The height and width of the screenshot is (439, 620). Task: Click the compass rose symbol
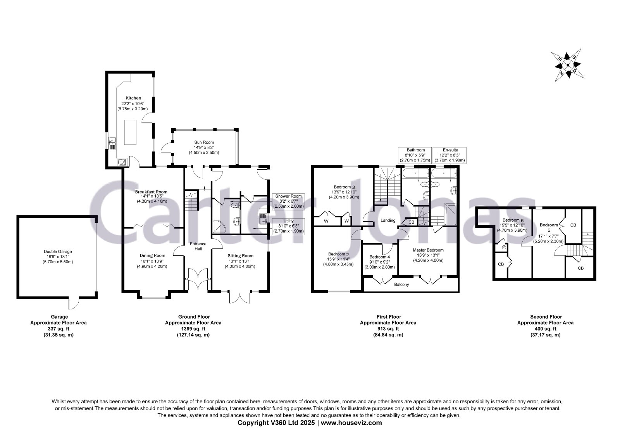coord(568,66)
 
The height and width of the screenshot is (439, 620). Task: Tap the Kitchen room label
coord(133,98)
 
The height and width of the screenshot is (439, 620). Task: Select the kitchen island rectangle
coord(130,132)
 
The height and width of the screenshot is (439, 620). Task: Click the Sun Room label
coord(204,142)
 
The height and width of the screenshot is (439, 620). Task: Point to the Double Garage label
coord(58,252)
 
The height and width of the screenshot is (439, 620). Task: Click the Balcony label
coord(401,285)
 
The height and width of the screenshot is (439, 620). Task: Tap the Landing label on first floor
coord(388,220)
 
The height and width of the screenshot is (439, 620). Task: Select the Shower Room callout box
coord(288,201)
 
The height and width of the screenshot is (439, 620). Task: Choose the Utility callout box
coord(288,226)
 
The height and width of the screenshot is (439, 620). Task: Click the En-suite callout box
coord(449,155)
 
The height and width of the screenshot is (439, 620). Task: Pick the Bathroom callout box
coord(415,155)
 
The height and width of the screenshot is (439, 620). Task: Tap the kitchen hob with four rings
coord(122,162)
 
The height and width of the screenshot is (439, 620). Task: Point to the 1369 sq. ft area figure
coord(193,329)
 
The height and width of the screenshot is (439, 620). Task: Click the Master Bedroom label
coord(428,250)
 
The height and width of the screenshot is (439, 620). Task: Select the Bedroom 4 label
coord(379,257)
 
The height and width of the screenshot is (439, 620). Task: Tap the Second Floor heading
coord(546,317)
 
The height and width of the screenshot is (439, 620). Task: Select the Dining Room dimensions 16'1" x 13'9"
coord(152,261)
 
